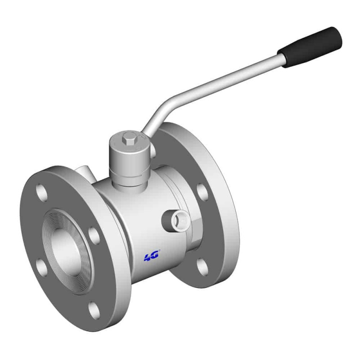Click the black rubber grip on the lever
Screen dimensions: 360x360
[310, 47]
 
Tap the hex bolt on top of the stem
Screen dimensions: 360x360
[129, 140]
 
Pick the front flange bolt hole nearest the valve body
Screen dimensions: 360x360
[94, 236]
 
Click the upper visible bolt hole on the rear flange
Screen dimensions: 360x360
[203, 191]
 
